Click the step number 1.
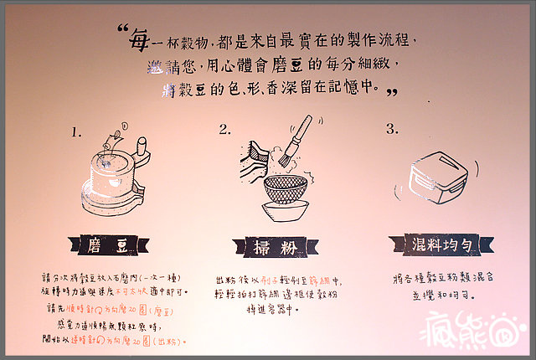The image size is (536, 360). (77, 132)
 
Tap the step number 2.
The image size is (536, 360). (224, 130)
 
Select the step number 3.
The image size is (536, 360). (391, 129)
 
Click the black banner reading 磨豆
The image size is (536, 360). (112, 244)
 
